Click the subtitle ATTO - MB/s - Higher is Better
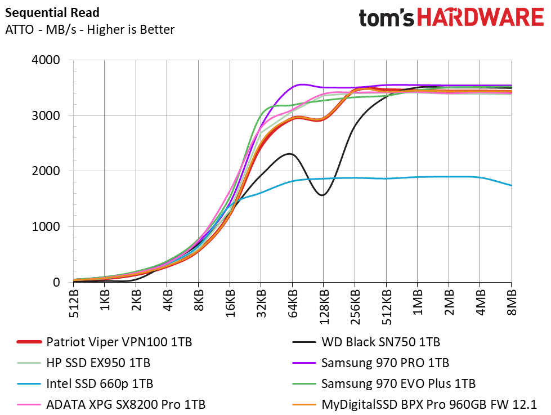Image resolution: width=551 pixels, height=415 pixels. click(89, 30)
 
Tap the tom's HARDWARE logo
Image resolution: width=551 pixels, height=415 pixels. click(451, 17)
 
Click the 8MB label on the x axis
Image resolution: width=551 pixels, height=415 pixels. click(511, 305)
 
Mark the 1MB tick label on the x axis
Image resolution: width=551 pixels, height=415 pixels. click(417, 305)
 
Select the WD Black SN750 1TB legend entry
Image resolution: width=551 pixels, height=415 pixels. click(380, 342)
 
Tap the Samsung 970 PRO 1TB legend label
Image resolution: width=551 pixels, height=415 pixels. click(385, 363)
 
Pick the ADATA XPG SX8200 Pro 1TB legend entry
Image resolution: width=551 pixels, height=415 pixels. click(126, 404)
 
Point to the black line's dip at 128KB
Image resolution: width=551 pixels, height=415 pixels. click(322, 195)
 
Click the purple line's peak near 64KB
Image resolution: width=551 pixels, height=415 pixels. click(302, 84)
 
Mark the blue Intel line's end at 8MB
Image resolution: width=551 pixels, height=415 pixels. click(510, 185)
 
